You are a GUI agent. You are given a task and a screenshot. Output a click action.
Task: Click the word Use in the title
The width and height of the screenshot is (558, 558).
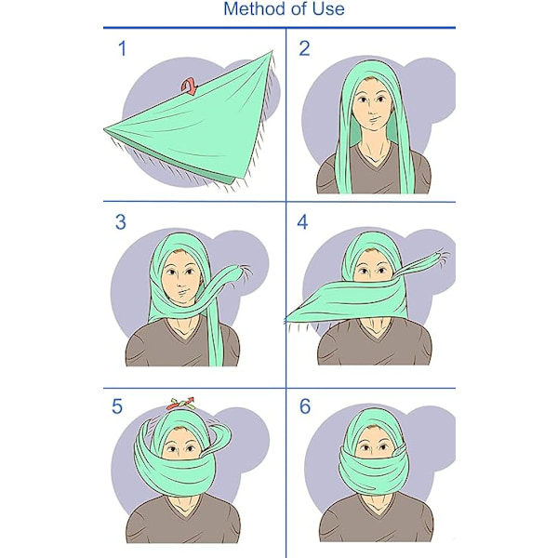tap(329, 9)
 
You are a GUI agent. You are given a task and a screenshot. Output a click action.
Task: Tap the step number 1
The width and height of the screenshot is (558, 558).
tap(123, 48)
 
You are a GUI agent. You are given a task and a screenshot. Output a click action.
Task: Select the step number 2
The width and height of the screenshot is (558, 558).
tap(304, 48)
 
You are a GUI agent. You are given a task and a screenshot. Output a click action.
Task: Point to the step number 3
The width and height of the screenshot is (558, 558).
tap(121, 222)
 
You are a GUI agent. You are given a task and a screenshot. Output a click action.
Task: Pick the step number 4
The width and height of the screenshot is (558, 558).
tap(302, 222)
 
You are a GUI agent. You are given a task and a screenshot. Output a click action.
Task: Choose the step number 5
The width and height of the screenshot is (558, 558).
tap(117, 406)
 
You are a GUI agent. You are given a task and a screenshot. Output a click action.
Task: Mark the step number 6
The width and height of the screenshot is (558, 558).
tap(305, 406)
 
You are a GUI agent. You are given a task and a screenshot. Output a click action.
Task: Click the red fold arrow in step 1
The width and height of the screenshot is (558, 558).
tap(190, 86)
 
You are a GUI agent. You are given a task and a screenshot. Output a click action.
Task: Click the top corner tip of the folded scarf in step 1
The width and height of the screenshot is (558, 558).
tap(272, 51)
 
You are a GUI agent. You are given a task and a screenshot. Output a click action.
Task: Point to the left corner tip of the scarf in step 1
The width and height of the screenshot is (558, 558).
tap(104, 129)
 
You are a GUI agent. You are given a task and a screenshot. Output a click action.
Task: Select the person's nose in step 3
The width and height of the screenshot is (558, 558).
tap(180, 284)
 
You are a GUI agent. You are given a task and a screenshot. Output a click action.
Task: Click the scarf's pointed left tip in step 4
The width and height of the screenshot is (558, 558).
tap(286, 318)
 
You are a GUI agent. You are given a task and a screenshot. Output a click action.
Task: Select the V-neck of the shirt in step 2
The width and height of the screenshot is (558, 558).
tap(374, 155)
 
